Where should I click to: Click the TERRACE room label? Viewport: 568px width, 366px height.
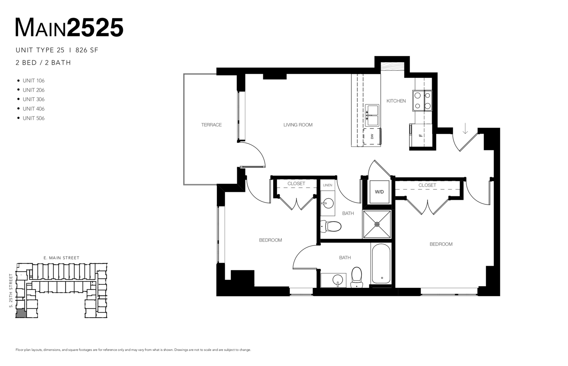[211, 125]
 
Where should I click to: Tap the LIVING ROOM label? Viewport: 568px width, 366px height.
[298, 125]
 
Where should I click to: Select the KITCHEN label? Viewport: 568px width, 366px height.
[396, 101]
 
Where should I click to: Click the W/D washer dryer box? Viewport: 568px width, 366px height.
[379, 192]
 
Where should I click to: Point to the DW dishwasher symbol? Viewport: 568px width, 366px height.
[372, 136]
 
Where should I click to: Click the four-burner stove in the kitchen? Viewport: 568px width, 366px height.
[422, 101]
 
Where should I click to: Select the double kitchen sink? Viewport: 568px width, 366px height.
[372, 116]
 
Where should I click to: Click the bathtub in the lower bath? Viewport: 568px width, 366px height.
[381, 264]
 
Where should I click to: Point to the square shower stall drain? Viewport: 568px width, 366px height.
[377, 224]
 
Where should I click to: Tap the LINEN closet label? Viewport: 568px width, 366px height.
[328, 185]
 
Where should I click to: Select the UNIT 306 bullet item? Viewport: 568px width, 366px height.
[33, 99]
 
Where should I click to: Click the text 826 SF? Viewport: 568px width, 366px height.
[87, 50]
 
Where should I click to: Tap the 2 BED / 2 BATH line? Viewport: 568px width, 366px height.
[43, 63]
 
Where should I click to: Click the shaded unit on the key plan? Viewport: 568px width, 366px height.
[20, 313]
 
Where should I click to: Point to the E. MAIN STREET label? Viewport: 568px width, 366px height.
[61, 258]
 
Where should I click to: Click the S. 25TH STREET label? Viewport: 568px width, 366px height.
[11, 290]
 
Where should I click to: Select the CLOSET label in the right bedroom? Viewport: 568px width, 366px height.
[427, 185]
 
